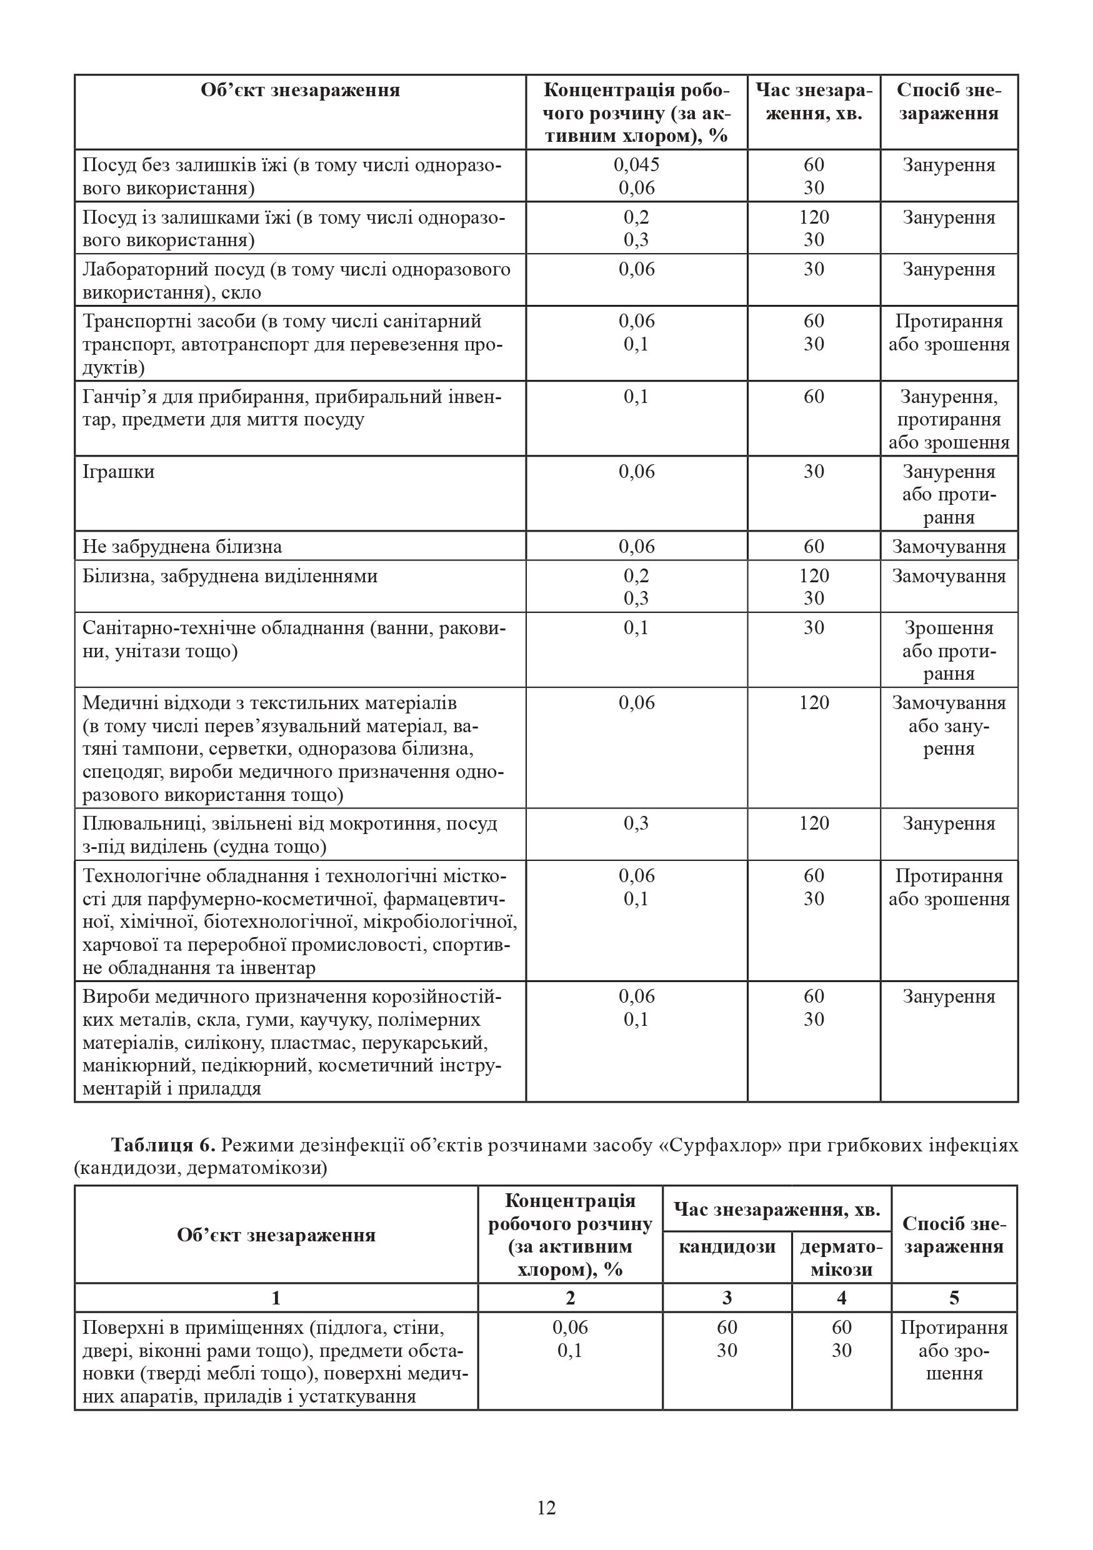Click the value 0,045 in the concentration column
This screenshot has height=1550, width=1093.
636,165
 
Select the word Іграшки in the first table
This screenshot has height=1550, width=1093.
119,472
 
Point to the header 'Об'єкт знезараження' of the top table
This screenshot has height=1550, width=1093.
300,91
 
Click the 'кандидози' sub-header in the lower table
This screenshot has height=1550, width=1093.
726,1246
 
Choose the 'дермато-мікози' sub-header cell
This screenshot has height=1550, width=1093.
841,1258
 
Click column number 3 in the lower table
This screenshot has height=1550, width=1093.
726,1298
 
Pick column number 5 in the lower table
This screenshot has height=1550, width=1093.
953,1298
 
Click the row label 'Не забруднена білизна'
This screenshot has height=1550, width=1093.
182,547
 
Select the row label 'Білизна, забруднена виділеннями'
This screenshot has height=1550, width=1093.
229,577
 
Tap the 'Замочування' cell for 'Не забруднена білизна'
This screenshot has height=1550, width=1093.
949,547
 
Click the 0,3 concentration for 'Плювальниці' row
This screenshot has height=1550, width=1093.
636,823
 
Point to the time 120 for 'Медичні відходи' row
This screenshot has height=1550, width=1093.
814,703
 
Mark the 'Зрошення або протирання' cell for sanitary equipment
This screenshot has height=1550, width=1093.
949,651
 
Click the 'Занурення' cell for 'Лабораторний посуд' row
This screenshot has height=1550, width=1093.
949,269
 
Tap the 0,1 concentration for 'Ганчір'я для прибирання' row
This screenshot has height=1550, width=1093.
636,397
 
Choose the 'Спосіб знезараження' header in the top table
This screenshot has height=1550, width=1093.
949,101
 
